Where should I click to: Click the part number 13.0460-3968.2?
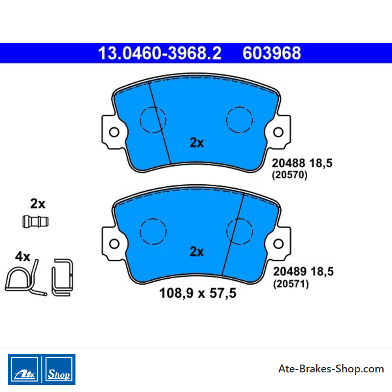(160, 53)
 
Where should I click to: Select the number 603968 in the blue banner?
(272, 53)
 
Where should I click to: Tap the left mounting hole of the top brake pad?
(114, 132)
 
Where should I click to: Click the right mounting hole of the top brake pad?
(278, 132)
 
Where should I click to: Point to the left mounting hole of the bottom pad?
(114, 244)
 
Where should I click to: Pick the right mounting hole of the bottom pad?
(278, 244)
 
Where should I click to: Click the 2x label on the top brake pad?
(197, 143)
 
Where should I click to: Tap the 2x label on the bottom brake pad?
(197, 251)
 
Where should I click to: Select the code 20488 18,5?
(302, 163)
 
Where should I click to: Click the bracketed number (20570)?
(290, 175)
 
